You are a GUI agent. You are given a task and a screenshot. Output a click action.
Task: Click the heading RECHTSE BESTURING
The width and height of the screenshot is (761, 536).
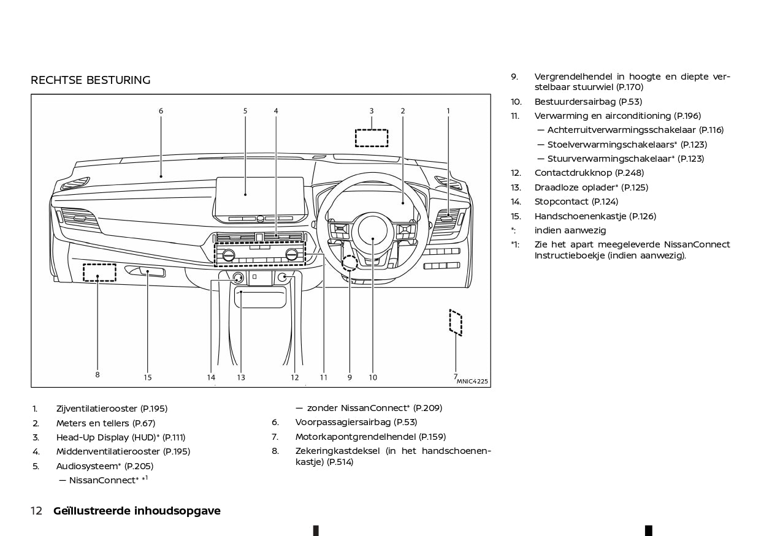[90, 80]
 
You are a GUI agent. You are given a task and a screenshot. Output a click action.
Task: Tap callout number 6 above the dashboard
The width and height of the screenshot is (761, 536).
[161, 111]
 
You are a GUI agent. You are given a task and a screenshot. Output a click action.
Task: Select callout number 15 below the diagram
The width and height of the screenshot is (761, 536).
[148, 377]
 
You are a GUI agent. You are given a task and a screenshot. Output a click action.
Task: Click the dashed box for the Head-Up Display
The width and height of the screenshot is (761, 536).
[372, 138]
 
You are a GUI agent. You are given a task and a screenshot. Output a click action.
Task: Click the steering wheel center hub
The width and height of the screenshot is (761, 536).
[373, 230]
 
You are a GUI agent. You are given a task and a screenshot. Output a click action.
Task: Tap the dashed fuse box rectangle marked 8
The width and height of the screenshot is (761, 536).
[99, 272]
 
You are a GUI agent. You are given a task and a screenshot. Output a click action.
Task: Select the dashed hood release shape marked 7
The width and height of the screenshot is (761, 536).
[455, 322]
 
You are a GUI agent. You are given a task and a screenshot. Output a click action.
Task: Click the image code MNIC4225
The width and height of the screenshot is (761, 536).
[472, 381]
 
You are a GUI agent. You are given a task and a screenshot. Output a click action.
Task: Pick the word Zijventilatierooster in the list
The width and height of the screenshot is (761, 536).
[96, 409]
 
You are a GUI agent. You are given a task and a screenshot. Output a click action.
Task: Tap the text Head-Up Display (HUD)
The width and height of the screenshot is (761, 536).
[106, 437]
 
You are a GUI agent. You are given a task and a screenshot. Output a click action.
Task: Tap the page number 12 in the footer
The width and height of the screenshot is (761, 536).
[36, 511]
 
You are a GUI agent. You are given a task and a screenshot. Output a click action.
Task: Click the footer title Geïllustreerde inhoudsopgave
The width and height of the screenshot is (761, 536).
[137, 511]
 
